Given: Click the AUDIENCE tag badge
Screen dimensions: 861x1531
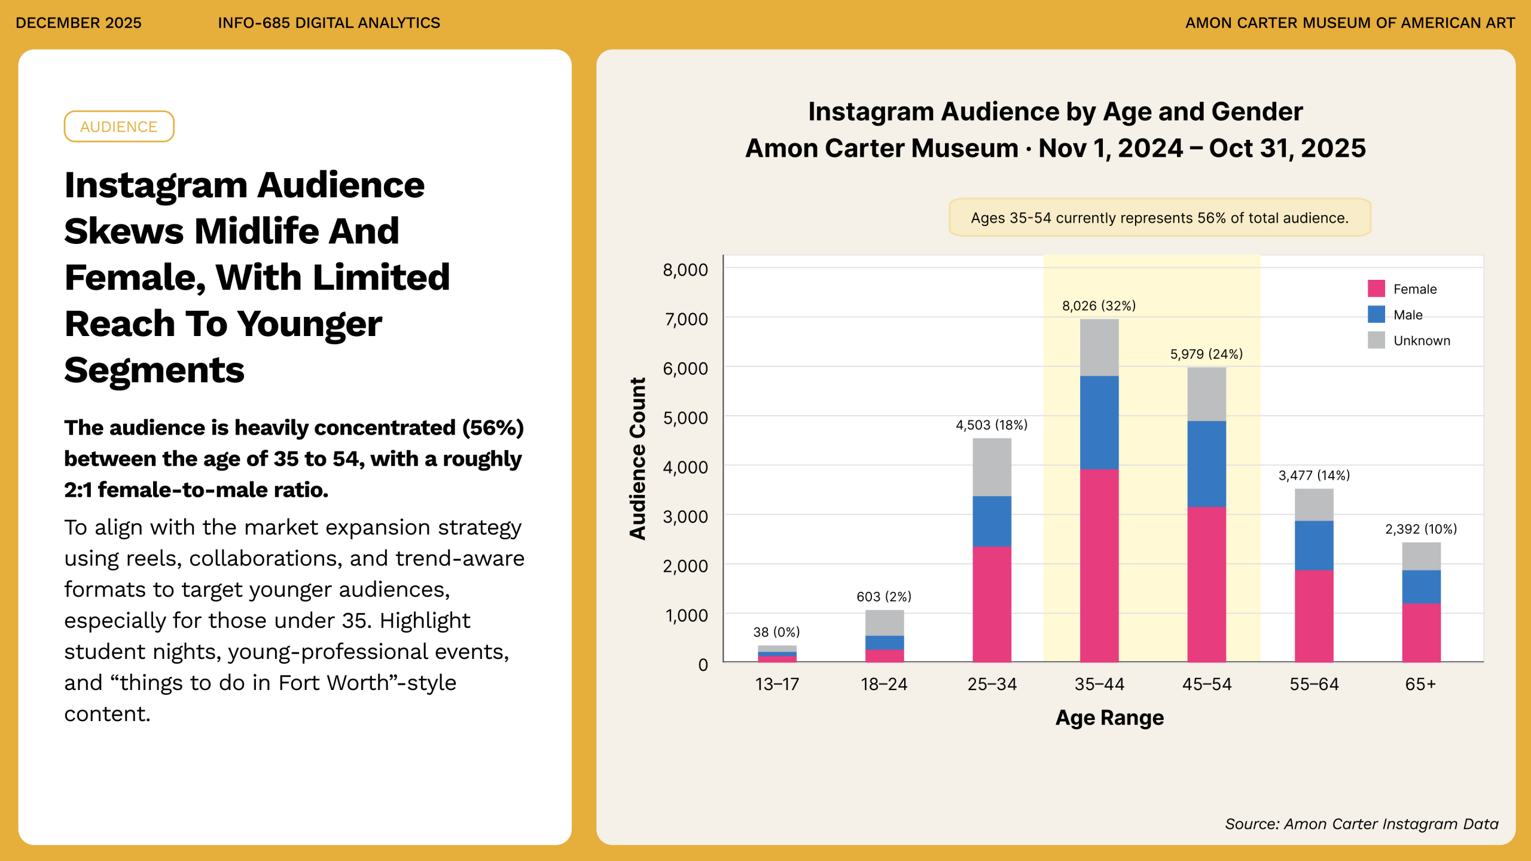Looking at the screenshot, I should [119, 127].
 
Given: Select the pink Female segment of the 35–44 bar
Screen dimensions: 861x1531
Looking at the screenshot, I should [1099, 565].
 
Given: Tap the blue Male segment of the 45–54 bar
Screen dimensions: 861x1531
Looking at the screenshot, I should [1206, 464].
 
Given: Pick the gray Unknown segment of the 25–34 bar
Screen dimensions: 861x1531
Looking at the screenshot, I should [992, 467].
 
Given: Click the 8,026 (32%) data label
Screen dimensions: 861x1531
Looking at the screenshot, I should [1099, 306].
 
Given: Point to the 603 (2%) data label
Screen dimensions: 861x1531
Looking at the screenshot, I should [884, 597].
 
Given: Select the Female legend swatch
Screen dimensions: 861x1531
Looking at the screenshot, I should [1376, 289].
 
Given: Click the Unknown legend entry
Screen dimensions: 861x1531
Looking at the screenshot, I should [1421, 341].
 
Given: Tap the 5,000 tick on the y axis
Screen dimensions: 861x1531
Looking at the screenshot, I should [685, 418].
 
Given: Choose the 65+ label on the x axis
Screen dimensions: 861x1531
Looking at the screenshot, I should [1420, 684].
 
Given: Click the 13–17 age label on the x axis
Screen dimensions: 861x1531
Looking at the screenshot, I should [777, 684].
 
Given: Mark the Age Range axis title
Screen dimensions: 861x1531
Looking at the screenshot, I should [1109, 717].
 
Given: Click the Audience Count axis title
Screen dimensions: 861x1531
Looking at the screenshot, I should [638, 459].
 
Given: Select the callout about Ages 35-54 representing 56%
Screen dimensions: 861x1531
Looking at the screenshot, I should [1160, 218].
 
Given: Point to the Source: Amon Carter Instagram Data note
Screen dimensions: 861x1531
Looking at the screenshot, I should [1361, 824].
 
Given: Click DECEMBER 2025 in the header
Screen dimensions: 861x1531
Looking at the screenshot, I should [78, 23].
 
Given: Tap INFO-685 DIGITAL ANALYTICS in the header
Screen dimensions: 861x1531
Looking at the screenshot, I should [329, 23].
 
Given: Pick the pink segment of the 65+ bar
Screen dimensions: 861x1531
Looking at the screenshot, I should [1421, 633].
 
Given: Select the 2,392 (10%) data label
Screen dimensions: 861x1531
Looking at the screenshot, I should [1421, 529].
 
